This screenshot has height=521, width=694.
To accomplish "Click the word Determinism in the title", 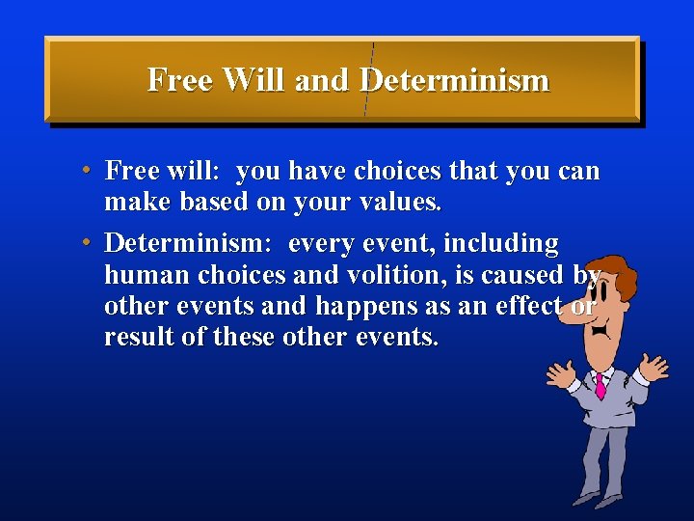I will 454,80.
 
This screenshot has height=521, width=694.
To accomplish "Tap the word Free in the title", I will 181,80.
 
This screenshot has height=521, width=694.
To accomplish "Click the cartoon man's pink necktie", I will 600,386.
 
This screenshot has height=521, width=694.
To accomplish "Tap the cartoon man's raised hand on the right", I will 654,368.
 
